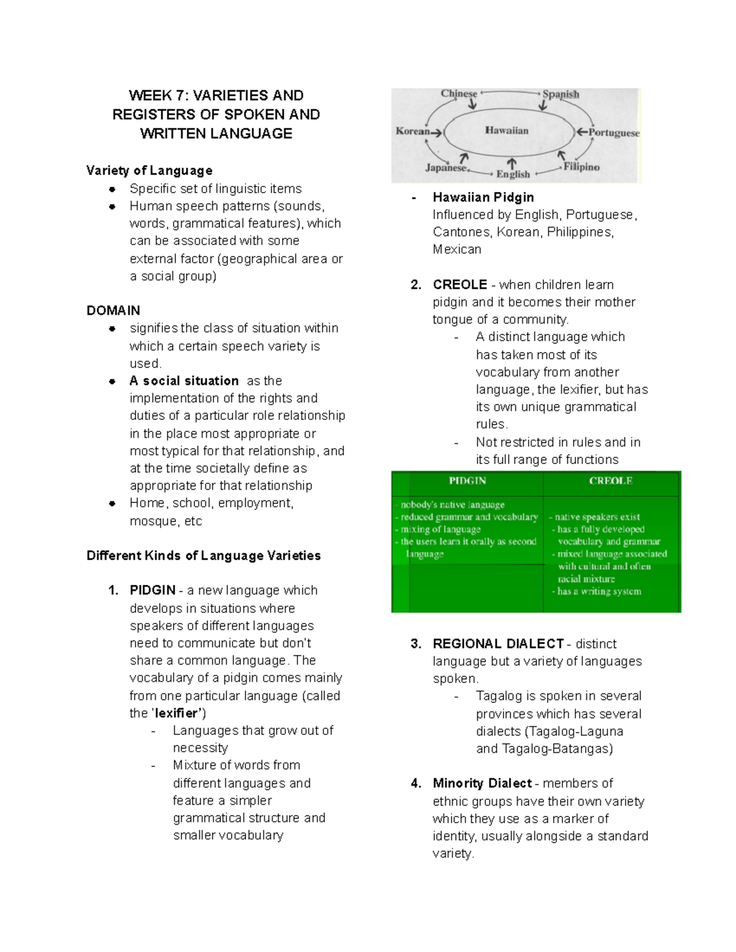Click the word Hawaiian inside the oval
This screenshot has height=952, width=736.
click(506, 130)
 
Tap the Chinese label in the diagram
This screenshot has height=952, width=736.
click(459, 94)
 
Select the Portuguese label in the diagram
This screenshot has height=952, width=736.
click(613, 132)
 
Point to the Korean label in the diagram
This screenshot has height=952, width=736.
click(413, 131)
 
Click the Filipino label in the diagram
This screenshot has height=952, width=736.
click(581, 167)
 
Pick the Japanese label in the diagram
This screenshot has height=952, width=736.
click(446, 167)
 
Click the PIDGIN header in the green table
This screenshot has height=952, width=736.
click(467, 481)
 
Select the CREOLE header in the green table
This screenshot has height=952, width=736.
click(611, 481)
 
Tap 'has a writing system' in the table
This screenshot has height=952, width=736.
click(599, 592)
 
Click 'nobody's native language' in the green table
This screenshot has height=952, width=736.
click(452, 505)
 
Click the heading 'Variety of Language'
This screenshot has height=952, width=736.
click(149, 170)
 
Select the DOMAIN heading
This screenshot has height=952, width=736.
click(113, 310)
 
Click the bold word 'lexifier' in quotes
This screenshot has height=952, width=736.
click(177, 713)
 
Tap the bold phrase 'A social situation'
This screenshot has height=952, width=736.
click(184, 381)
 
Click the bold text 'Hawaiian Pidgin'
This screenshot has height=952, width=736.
click(483, 197)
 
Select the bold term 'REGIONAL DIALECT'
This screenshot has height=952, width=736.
click(498, 644)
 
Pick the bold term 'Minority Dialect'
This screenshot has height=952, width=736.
click(482, 783)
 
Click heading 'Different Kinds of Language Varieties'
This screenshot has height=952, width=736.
click(203, 555)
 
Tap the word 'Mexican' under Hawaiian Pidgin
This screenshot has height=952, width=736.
click(456, 249)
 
